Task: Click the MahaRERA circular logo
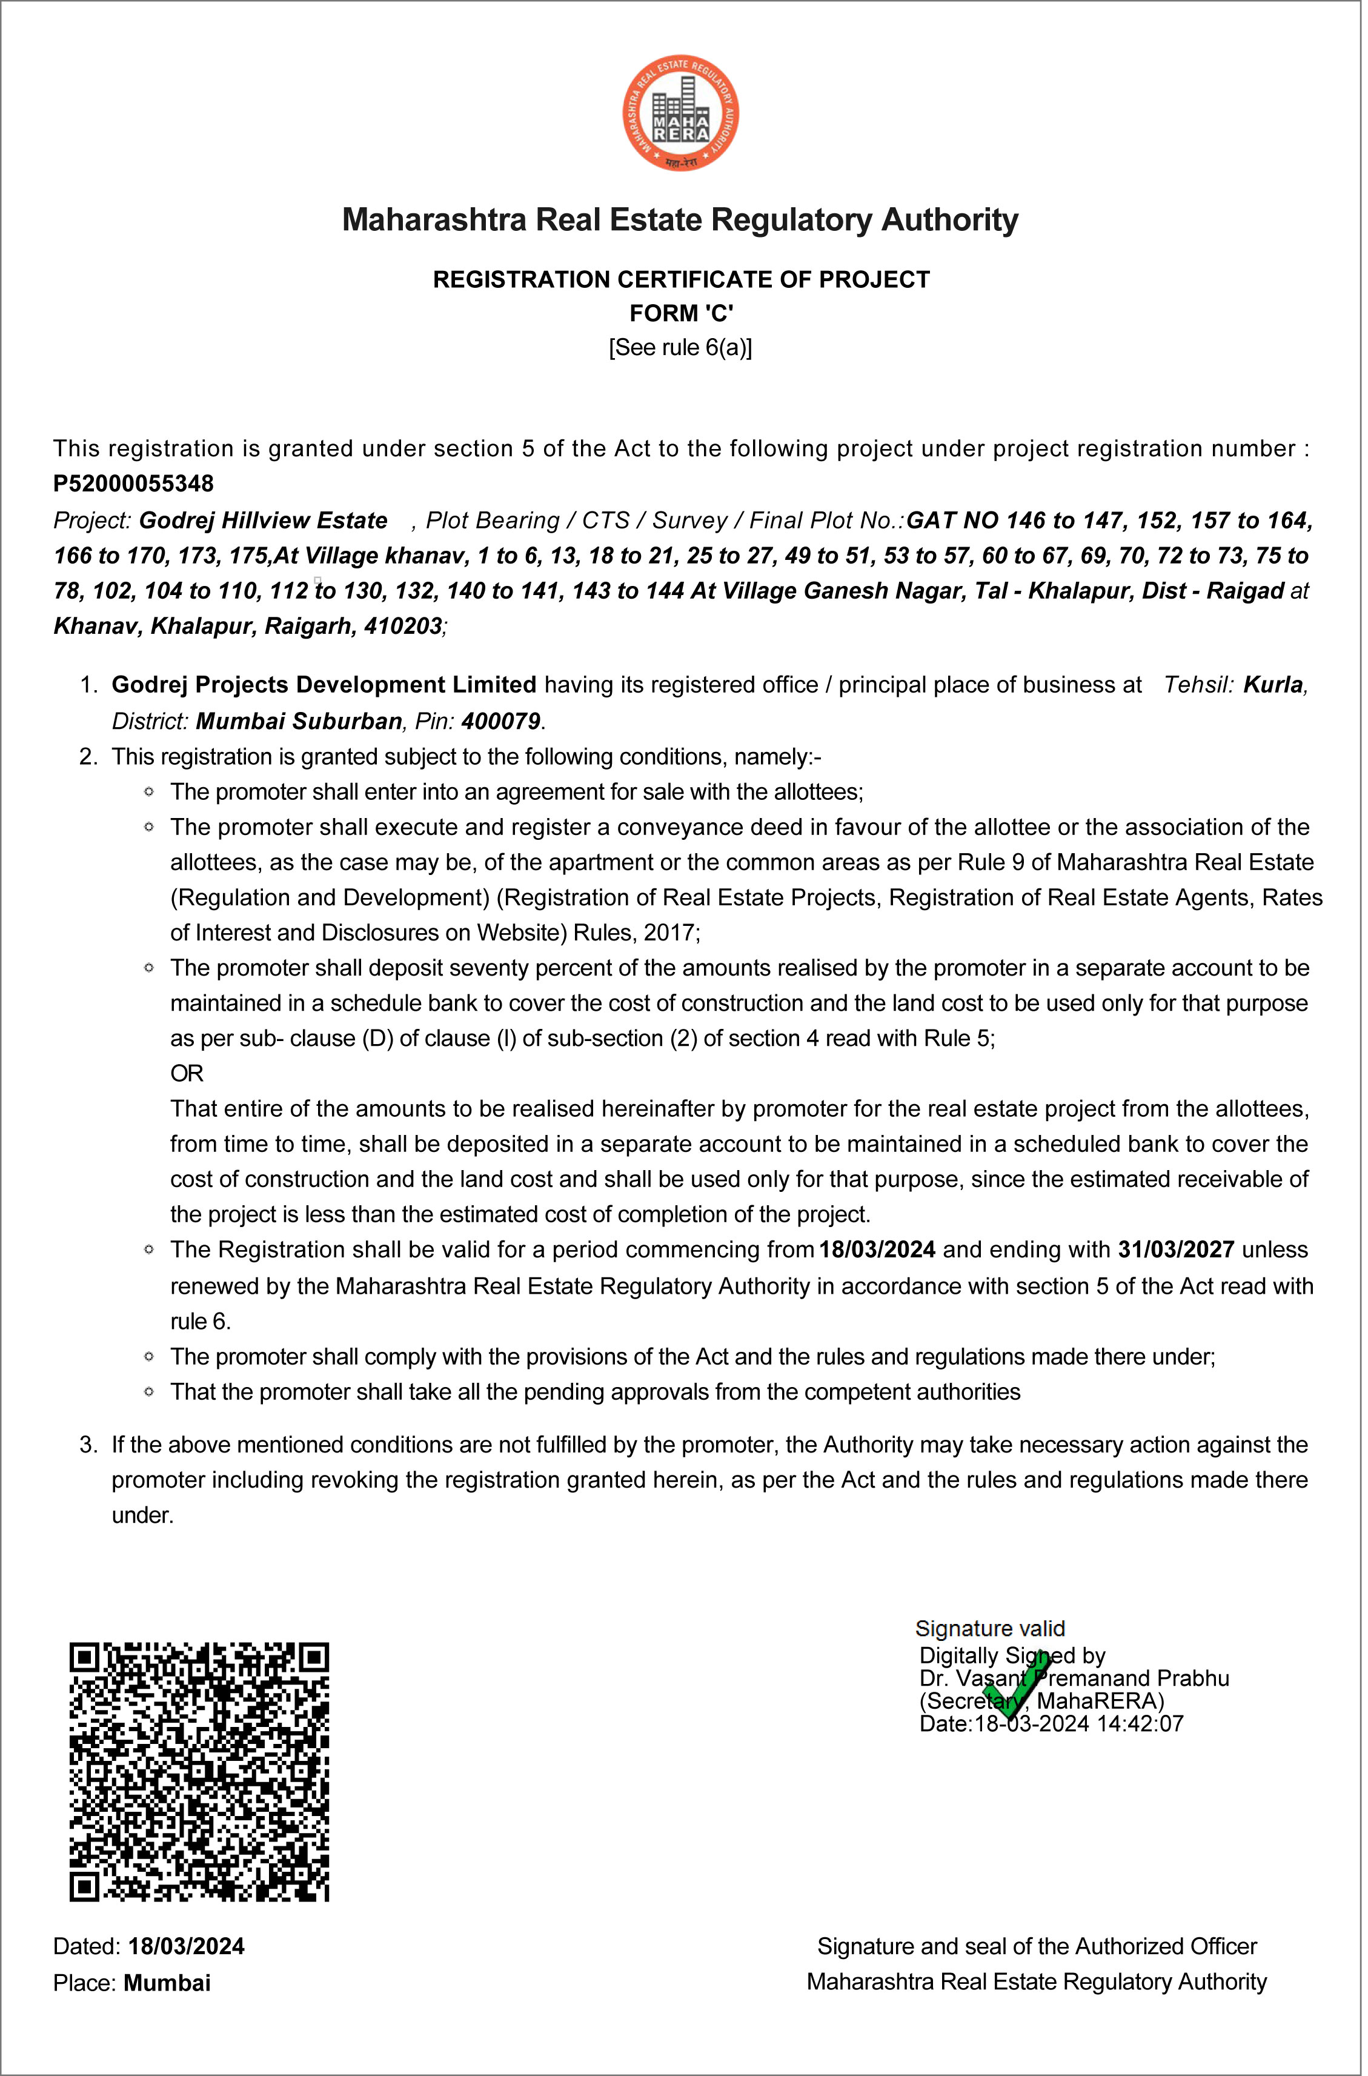[x=683, y=113]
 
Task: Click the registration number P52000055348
[x=133, y=484]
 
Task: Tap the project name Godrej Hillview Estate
[x=264, y=521]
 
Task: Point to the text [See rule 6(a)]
[x=682, y=348]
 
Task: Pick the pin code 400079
[x=502, y=722]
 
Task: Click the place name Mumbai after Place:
[x=167, y=1983]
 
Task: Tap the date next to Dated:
[x=187, y=1946]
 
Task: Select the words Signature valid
[x=993, y=1628]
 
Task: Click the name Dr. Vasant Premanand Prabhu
[x=1077, y=1678]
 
